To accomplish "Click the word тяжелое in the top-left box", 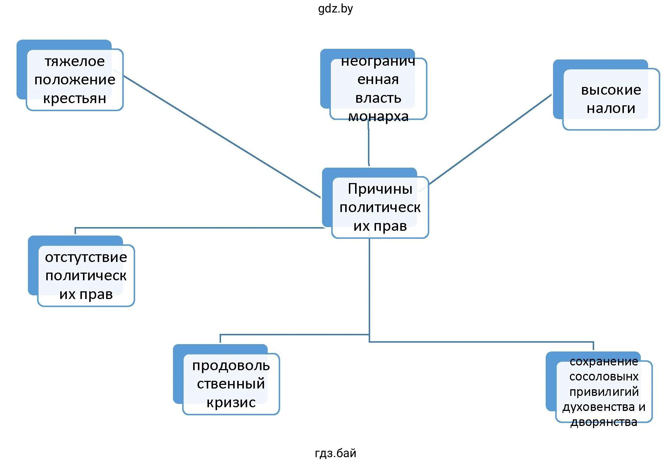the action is (x=75, y=61).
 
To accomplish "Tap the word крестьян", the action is (x=75, y=99).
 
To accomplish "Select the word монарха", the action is (x=378, y=117).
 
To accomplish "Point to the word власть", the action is (x=378, y=98).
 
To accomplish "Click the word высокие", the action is (x=611, y=90).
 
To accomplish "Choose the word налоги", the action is (x=611, y=109).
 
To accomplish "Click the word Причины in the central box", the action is (x=380, y=189).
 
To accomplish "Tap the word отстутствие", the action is (x=86, y=257).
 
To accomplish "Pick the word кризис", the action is (x=231, y=402).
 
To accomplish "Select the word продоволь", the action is (x=231, y=366).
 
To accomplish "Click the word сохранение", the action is (x=604, y=362).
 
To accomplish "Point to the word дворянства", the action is (x=604, y=422).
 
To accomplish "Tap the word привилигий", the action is (x=604, y=392).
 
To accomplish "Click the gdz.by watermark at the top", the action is (x=335, y=8).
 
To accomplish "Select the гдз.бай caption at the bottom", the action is (x=335, y=453).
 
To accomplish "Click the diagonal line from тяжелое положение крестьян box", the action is (x=222, y=136).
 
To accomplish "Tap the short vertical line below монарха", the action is (x=369, y=143).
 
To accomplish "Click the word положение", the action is (x=75, y=80).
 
